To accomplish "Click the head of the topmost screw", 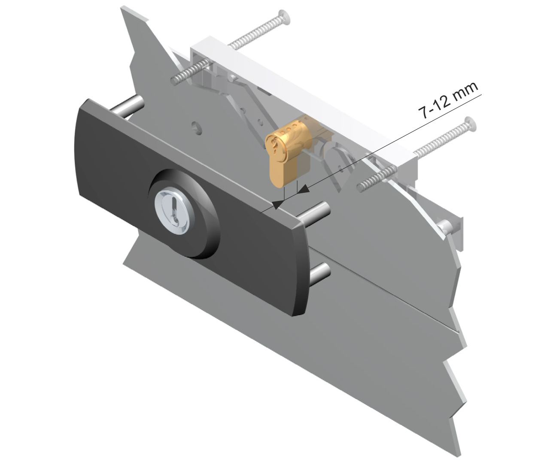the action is click(285, 17).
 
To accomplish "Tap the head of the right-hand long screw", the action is click(470, 124).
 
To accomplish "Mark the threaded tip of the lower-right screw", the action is click(360, 187).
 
